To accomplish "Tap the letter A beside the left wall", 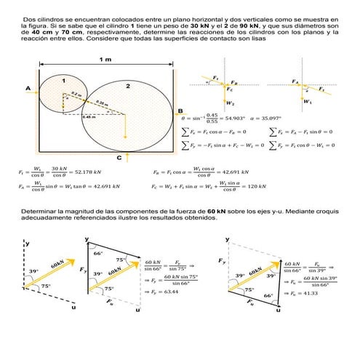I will click(x=28, y=89).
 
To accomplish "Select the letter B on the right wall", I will click(x=180, y=111).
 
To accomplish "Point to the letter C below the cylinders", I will click(x=119, y=158).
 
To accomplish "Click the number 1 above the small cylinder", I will click(x=63, y=80).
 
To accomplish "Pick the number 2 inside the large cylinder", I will click(x=127, y=86).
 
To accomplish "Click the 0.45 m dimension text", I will click(x=89, y=116).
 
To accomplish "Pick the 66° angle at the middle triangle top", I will click(x=97, y=253).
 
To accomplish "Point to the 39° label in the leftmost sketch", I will click(x=33, y=271).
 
